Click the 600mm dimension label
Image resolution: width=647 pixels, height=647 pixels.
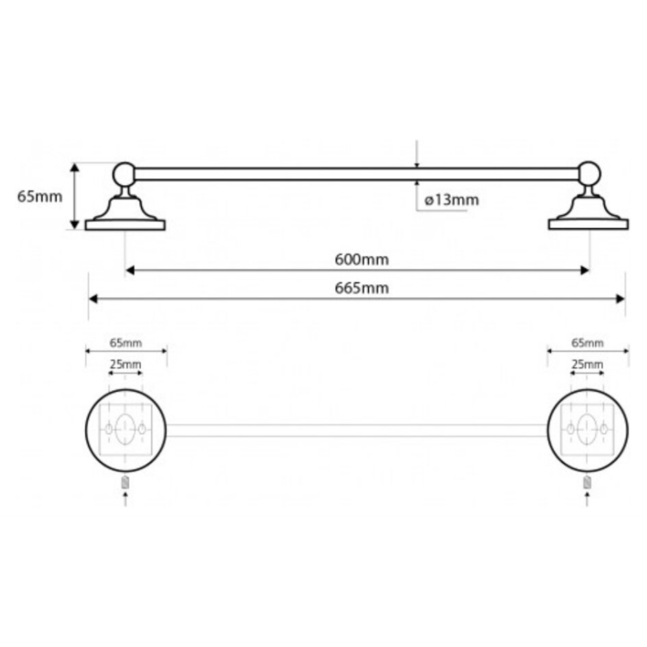(x=362, y=259)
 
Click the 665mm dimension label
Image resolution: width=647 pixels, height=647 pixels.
(x=362, y=288)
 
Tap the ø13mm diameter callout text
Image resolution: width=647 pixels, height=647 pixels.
(x=452, y=200)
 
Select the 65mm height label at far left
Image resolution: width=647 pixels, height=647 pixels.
(x=39, y=197)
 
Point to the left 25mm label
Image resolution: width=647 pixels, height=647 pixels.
(x=126, y=364)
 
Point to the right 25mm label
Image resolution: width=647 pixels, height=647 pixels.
(x=587, y=364)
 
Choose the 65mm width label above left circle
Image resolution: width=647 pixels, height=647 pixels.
(x=126, y=343)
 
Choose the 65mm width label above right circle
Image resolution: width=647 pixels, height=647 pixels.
(x=587, y=343)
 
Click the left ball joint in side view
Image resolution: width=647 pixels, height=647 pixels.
(x=124, y=173)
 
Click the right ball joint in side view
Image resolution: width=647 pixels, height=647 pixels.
(x=589, y=173)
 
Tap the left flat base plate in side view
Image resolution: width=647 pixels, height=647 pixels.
(x=125, y=225)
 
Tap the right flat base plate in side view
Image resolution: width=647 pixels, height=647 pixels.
(x=588, y=225)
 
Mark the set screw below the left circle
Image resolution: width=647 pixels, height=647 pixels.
(x=126, y=483)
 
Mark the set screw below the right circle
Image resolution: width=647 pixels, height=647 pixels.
(x=587, y=483)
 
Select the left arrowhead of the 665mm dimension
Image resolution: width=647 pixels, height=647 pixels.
(x=93, y=299)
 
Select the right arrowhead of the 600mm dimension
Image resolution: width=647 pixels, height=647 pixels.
(x=585, y=270)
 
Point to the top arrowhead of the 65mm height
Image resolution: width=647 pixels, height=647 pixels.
(x=74, y=167)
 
